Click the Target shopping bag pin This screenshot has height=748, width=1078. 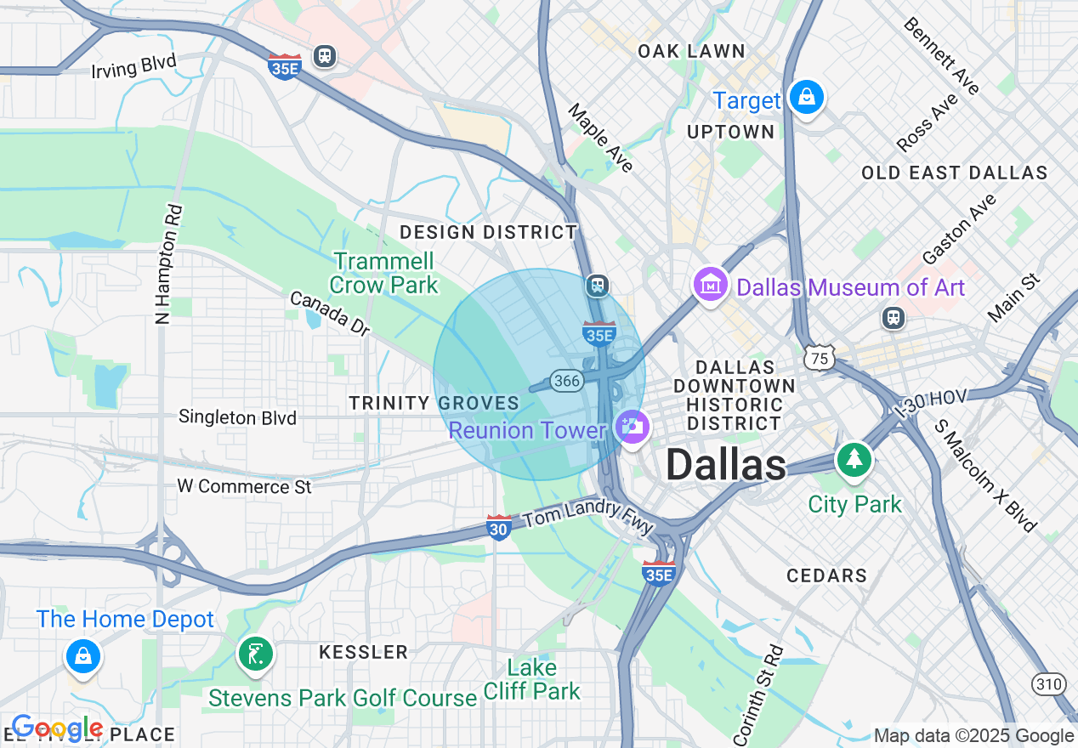point(805,98)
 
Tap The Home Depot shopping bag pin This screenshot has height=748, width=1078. point(83,656)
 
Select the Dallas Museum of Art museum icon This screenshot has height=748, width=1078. point(710,284)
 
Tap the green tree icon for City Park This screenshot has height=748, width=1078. point(854,460)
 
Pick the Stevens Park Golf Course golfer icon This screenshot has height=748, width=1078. point(255,654)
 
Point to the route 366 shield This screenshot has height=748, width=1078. point(566,381)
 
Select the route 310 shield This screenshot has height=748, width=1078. point(1048,683)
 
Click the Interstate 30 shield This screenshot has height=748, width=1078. point(499,527)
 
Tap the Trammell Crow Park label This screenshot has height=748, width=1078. point(383,272)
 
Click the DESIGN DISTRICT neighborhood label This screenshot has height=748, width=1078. point(488,232)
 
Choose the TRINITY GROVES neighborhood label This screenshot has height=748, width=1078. point(434,403)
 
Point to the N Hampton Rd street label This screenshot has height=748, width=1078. point(167,263)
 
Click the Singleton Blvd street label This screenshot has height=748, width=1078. point(237,417)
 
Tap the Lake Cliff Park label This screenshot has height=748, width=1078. point(532,679)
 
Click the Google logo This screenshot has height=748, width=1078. point(56,728)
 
